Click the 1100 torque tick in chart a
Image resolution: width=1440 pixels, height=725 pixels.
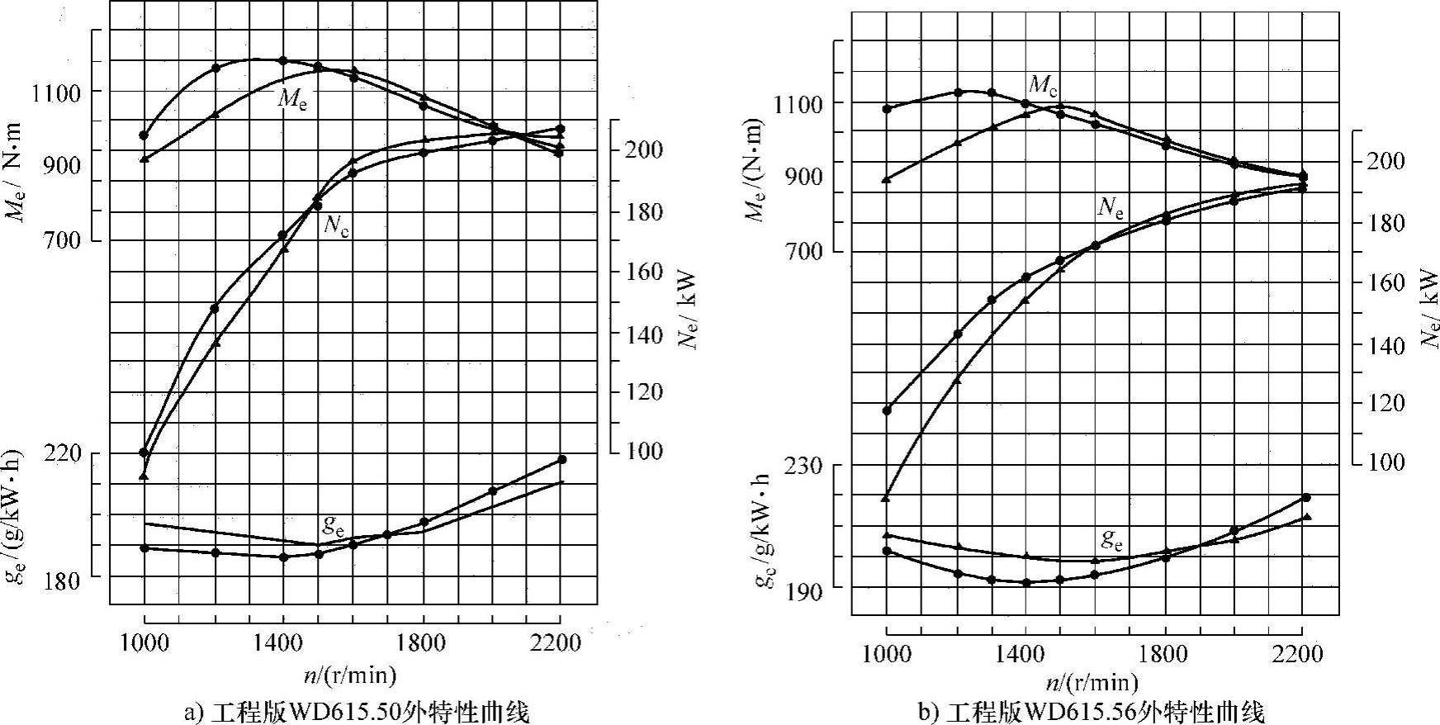[56, 93]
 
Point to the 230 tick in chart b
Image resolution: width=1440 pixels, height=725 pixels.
[798, 466]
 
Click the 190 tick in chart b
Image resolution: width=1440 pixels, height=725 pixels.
[798, 592]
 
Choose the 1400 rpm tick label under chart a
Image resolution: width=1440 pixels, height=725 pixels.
[283, 642]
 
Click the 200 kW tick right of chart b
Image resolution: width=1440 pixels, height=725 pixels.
[1383, 161]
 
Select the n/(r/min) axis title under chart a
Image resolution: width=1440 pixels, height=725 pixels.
[350, 675]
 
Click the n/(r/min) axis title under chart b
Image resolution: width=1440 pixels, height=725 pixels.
[1092, 683]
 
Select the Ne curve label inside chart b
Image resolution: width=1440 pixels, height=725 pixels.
[1111, 207]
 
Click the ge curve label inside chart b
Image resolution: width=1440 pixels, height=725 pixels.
[1112, 540]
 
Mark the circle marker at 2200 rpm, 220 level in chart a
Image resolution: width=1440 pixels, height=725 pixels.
[562, 459]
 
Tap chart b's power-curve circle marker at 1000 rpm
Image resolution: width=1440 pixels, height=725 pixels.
[888, 410]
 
